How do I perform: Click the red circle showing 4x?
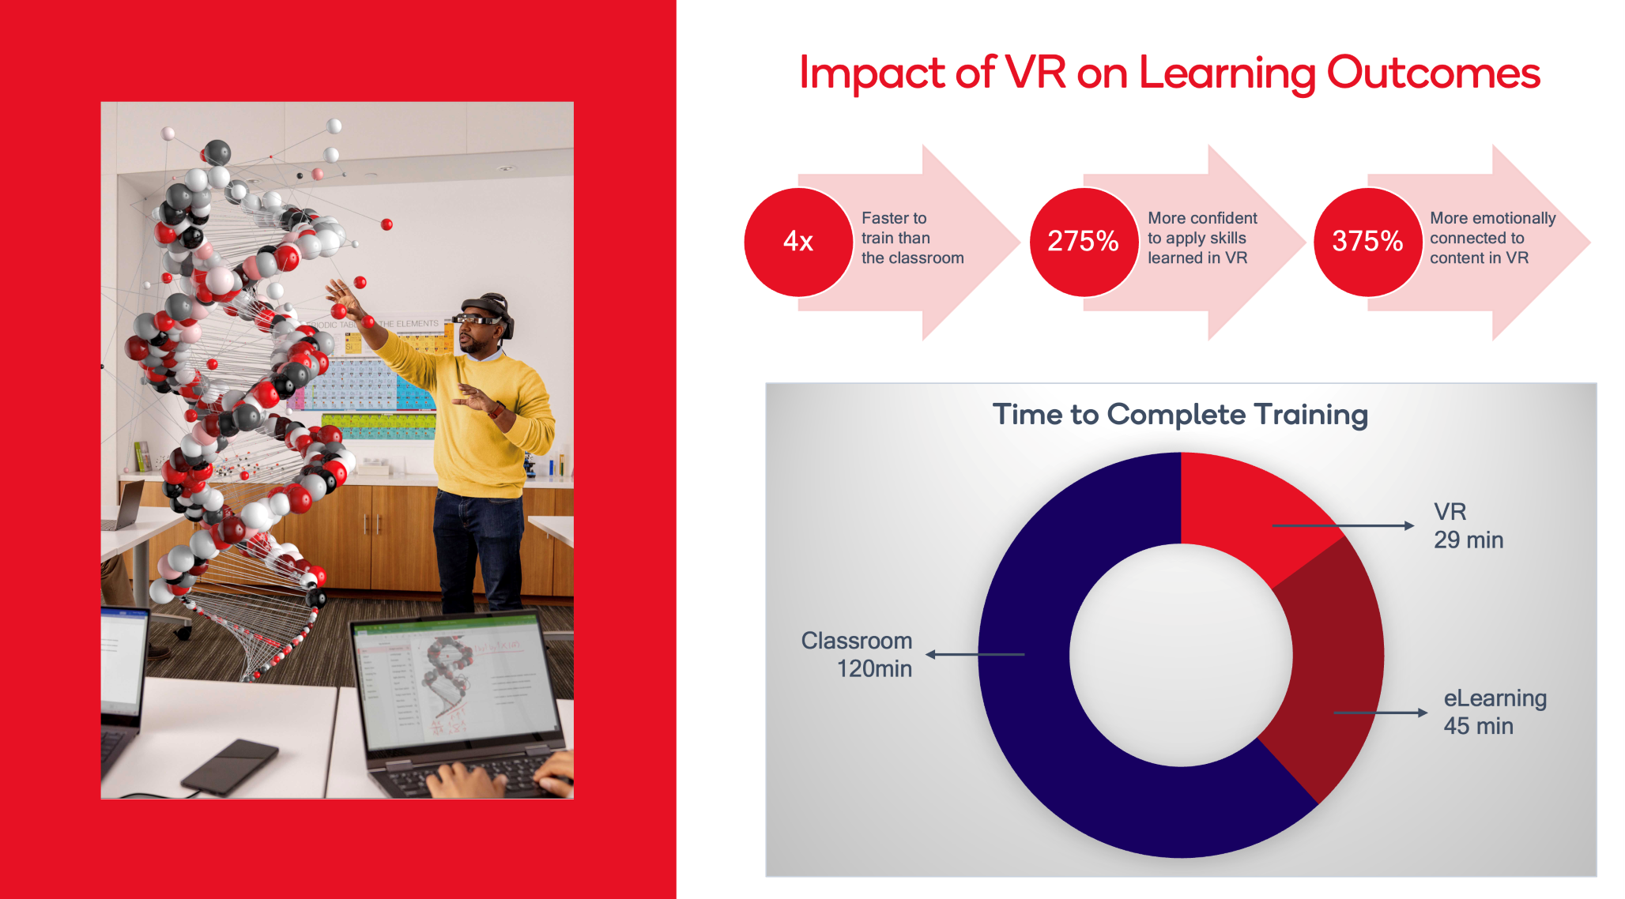click(798, 242)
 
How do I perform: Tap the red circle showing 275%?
click(1083, 242)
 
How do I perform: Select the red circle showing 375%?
click(1367, 242)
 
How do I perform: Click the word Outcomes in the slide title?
click(1433, 73)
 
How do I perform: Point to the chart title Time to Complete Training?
click(1180, 415)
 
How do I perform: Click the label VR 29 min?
click(1468, 526)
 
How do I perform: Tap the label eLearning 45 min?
click(1494, 712)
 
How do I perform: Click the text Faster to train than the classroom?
click(912, 238)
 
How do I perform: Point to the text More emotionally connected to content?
click(1492, 238)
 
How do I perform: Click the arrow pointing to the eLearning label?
click(1380, 713)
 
